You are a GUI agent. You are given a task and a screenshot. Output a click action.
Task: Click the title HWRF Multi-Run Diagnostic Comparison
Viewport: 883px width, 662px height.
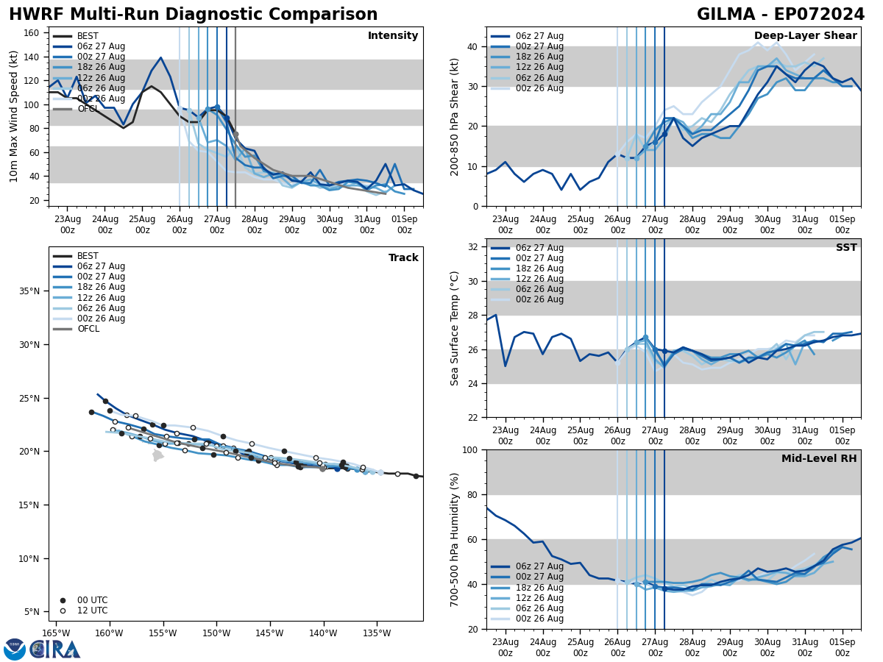coord(193,15)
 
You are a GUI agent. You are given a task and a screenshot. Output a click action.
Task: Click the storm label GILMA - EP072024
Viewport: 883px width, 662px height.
coord(780,15)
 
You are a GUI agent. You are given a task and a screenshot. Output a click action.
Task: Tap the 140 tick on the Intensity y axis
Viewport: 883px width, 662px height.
coord(34,57)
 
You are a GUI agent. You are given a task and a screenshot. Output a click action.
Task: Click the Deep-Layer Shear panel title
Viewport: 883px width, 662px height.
coord(805,36)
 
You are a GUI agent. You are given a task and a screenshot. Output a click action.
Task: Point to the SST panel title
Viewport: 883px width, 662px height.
coord(845,248)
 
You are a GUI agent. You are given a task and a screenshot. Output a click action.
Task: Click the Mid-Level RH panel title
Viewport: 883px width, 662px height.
coord(818,459)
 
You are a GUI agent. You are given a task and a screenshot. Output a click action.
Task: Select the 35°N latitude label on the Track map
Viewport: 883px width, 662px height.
coord(30,291)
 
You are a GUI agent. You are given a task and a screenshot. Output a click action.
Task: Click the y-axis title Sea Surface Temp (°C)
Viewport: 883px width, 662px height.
coord(455,328)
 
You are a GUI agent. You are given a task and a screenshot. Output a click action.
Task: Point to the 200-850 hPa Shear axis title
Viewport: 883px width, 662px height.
coord(455,116)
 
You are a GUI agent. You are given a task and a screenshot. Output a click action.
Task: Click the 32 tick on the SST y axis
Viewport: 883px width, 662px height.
coord(473,247)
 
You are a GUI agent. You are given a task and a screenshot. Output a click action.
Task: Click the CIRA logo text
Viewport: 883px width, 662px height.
coord(55,649)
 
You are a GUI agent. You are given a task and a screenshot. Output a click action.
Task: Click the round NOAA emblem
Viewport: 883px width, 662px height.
coord(15,649)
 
